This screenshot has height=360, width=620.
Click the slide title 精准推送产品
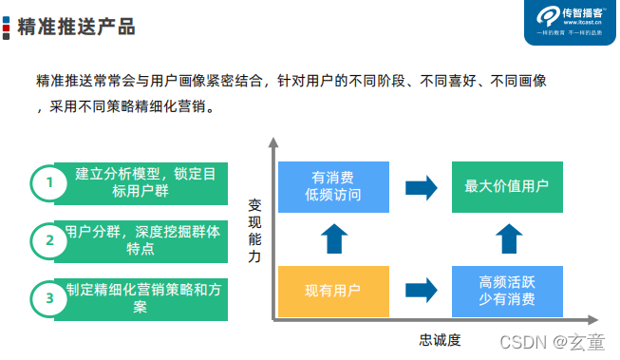pos(75,27)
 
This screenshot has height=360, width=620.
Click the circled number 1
pos(49,183)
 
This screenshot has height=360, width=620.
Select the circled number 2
pos(49,240)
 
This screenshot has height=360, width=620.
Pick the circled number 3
pos(49,298)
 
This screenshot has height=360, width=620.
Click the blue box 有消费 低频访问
pos(333,186)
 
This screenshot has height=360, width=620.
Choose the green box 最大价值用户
pos(506,186)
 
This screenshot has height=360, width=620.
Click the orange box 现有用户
pos(333,292)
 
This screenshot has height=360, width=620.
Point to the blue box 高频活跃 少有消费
pos(506,292)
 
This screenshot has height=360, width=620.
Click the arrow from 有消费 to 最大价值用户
pos(421,187)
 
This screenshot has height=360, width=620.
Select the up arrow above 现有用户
pos(333,238)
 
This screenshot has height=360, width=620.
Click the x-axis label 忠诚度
pos(439,339)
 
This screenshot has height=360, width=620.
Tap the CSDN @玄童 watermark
pos(561,341)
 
